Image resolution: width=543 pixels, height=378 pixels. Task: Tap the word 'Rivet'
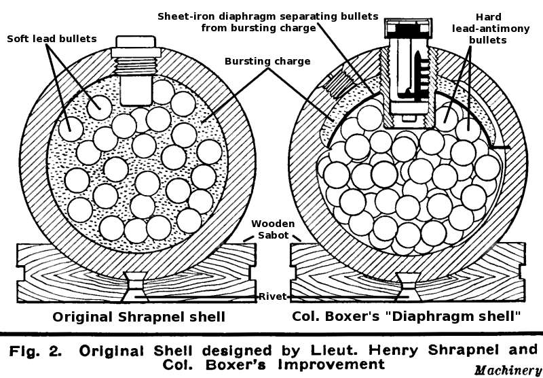(273, 296)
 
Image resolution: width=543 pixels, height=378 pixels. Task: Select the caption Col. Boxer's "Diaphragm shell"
(406, 317)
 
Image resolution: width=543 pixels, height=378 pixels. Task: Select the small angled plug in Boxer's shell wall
(337, 86)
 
